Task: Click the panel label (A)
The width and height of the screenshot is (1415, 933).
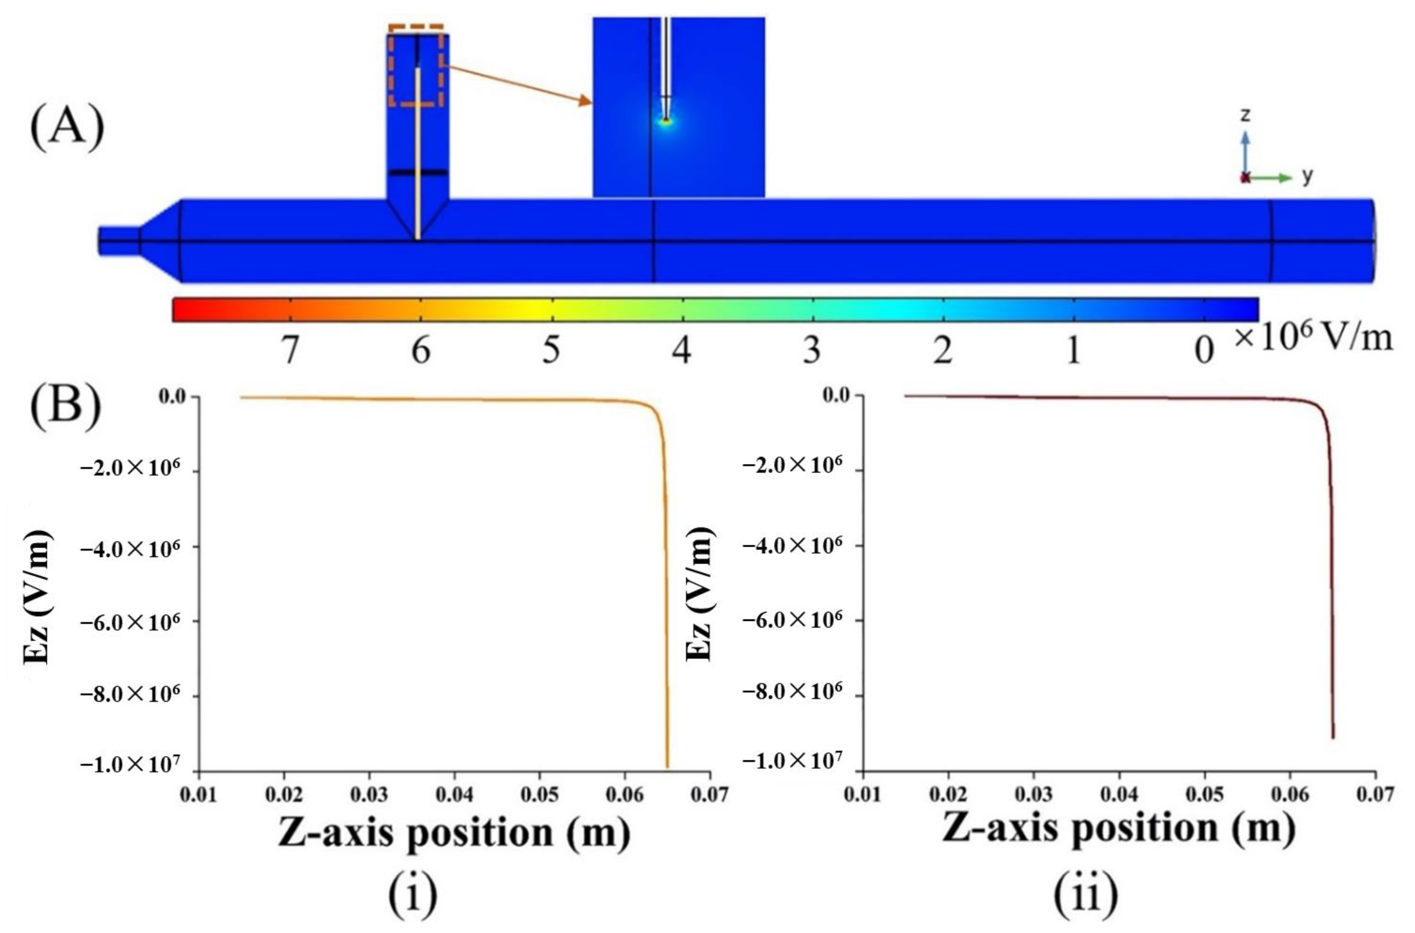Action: click(67, 128)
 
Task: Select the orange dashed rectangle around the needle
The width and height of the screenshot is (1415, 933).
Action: click(417, 65)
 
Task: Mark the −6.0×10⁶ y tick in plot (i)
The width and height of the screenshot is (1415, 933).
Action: click(130, 622)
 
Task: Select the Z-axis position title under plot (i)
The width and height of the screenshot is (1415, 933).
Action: click(453, 832)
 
